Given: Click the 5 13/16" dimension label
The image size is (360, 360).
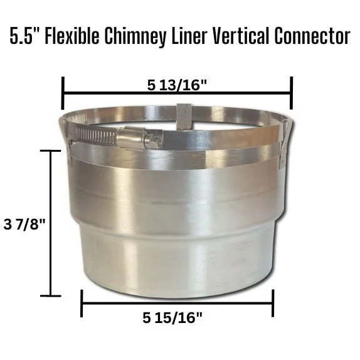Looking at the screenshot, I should (x=177, y=86).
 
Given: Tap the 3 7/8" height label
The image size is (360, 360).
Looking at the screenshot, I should (x=24, y=224).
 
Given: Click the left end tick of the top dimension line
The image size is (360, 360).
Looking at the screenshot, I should (x=63, y=93).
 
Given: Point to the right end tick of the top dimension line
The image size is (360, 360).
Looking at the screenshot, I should (x=292, y=93).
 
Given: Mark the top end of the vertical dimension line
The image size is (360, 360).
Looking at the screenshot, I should (x=50, y=151).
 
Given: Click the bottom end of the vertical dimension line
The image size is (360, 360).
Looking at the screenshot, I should (x=50, y=295).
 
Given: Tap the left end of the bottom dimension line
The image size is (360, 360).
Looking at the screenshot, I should (x=82, y=304).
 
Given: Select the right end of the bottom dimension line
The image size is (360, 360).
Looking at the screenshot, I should (x=273, y=304).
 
